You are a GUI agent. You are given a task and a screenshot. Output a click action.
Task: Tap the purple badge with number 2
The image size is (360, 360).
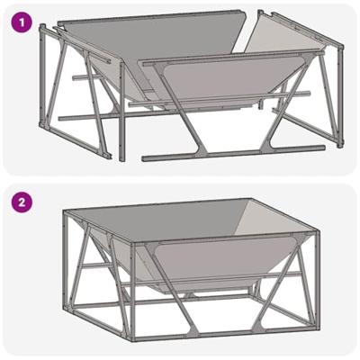[22, 202]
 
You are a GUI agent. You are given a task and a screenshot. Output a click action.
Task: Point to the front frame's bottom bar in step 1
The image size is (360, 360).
[233, 152]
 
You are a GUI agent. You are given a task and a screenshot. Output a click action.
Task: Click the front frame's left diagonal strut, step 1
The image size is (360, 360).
[180, 110]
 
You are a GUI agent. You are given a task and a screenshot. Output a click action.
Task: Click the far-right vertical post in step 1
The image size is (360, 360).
[340, 96]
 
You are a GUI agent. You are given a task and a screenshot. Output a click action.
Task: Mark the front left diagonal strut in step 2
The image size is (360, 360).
[172, 288]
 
